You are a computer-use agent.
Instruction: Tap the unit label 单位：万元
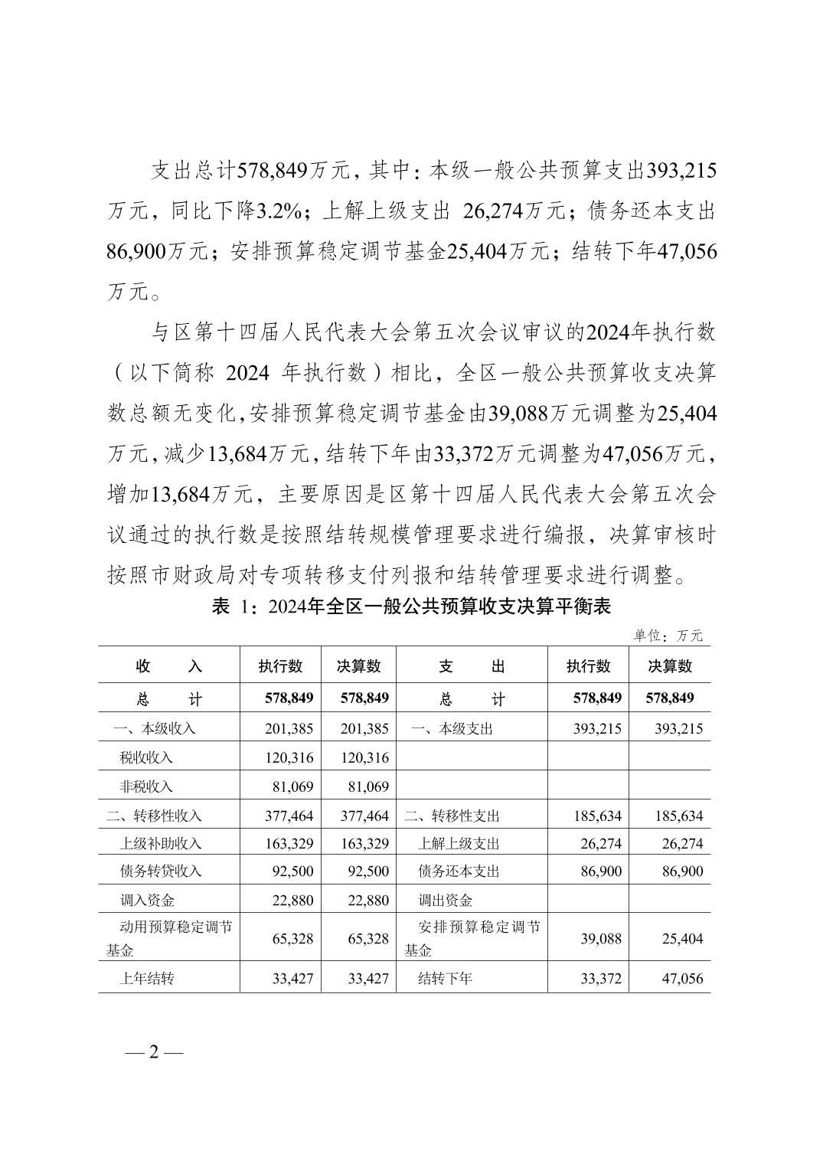668,636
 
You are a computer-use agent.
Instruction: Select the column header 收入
168,666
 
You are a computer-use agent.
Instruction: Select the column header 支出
472,666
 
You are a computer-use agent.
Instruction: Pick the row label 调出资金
445,900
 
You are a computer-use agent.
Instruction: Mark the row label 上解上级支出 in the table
459,843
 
